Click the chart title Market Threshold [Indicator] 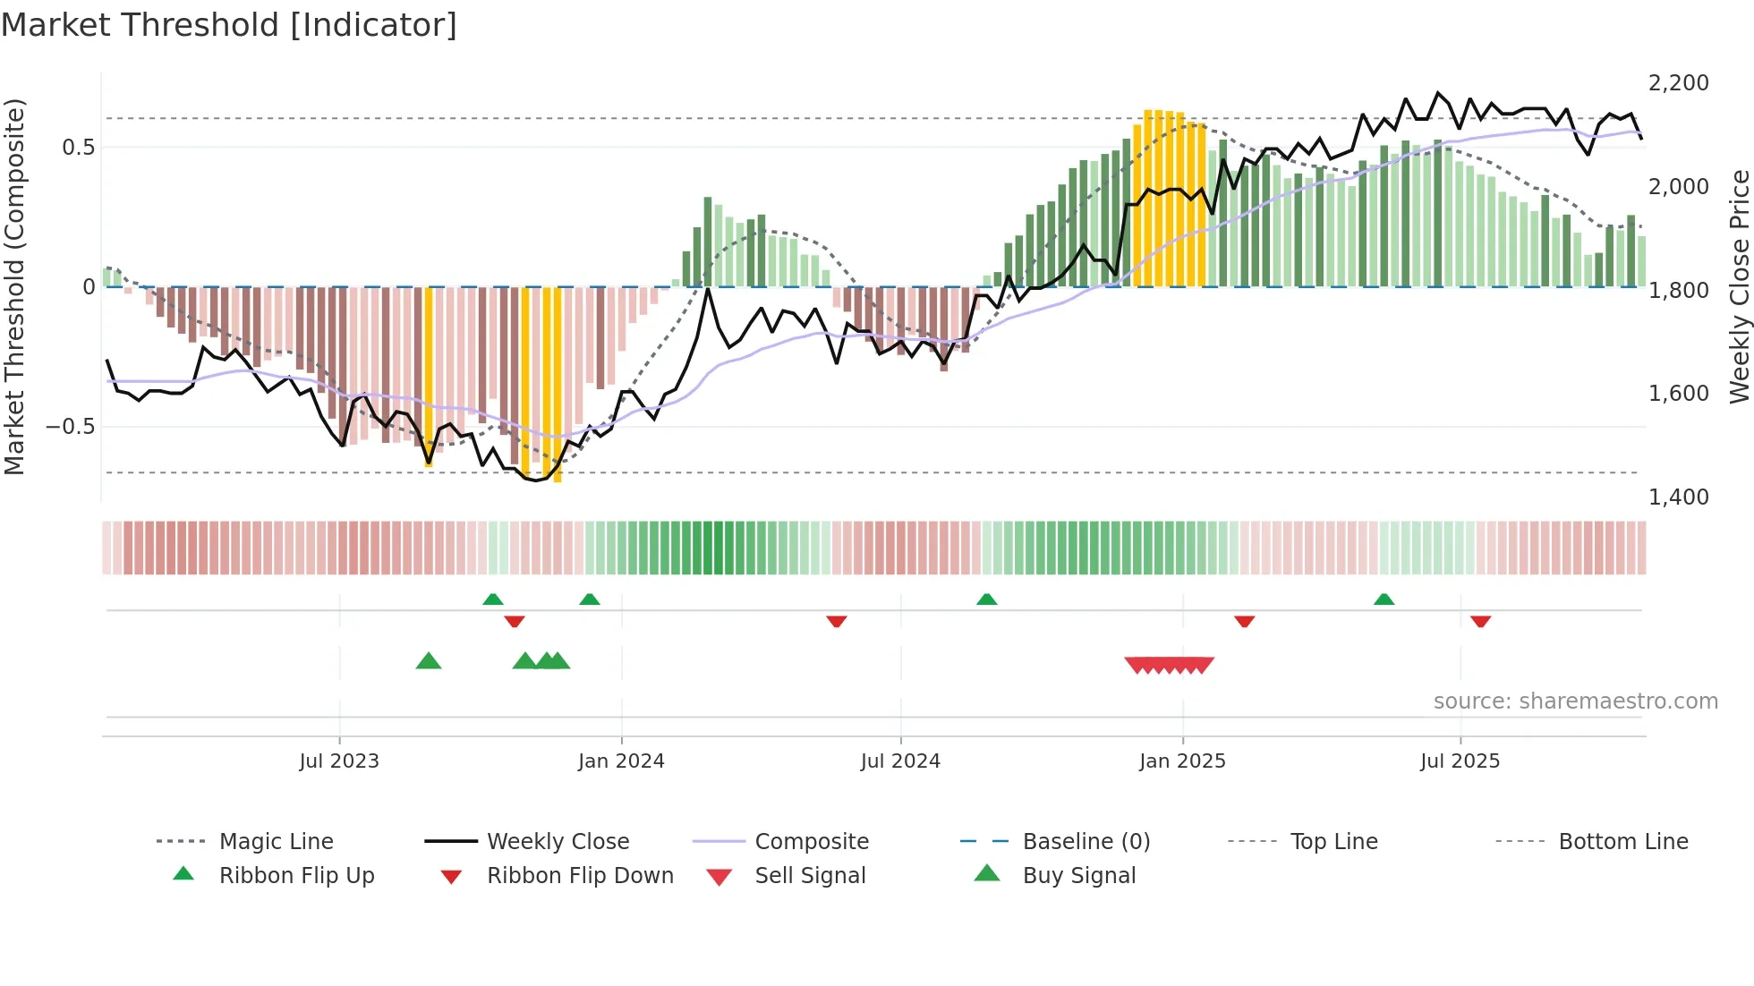pos(229,25)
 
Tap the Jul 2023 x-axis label pos(339,761)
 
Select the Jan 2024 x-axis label pos(621,761)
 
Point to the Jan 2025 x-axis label pos(1182,761)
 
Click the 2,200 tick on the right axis pos(1678,83)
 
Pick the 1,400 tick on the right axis pos(1678,497)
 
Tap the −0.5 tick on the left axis pos(71,427)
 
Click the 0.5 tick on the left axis pos(78,148)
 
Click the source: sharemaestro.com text pos(1575,701)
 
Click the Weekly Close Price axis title pos(1739,286)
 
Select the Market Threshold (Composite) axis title pos(14,286)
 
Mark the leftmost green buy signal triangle pos(429,661)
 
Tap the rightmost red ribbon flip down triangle pos(1480,621)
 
